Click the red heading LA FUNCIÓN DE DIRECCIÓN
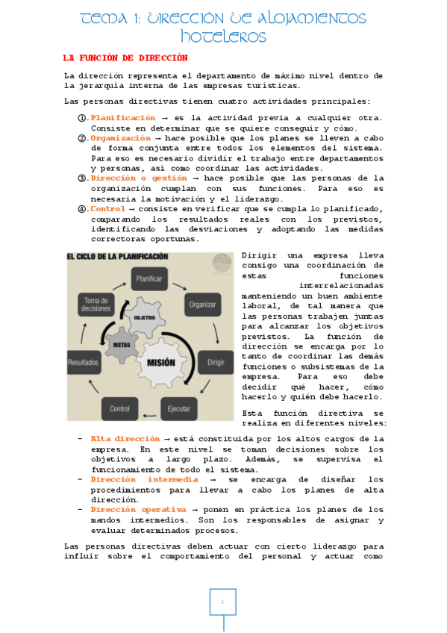coord(125,57)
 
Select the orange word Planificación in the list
coord(123,118)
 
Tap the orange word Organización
coord(120,138)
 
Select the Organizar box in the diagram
coord(202,304)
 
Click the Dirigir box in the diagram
coord(216,361)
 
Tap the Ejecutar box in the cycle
coord(178,408)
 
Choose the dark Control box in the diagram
coord(119,409)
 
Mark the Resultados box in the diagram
coord(84,361)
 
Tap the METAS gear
coord(122,345)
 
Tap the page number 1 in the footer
coord(222,601)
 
